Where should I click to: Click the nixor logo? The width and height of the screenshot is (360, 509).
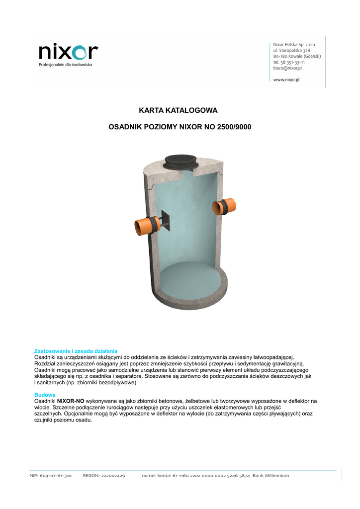click(x=68, y=51)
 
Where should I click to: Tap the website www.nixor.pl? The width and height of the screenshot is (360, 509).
click(x=286, y=80)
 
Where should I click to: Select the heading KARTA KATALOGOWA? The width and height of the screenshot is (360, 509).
click(x=178, y=110)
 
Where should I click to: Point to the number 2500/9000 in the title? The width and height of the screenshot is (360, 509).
click(x=234, y=127)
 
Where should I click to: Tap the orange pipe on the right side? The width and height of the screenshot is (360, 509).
click(x=227, y=206)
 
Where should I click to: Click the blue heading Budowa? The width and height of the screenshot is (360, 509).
click(x=45, y=394)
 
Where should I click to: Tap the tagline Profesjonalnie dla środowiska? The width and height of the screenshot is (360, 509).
click(x=65, y=65)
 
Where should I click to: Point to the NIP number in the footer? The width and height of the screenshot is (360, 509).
click(x=51, y=476)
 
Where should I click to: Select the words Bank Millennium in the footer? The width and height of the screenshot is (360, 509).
click(x=270, y=476)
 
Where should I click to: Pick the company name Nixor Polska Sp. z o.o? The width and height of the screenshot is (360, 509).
click(x=295, y=45)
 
